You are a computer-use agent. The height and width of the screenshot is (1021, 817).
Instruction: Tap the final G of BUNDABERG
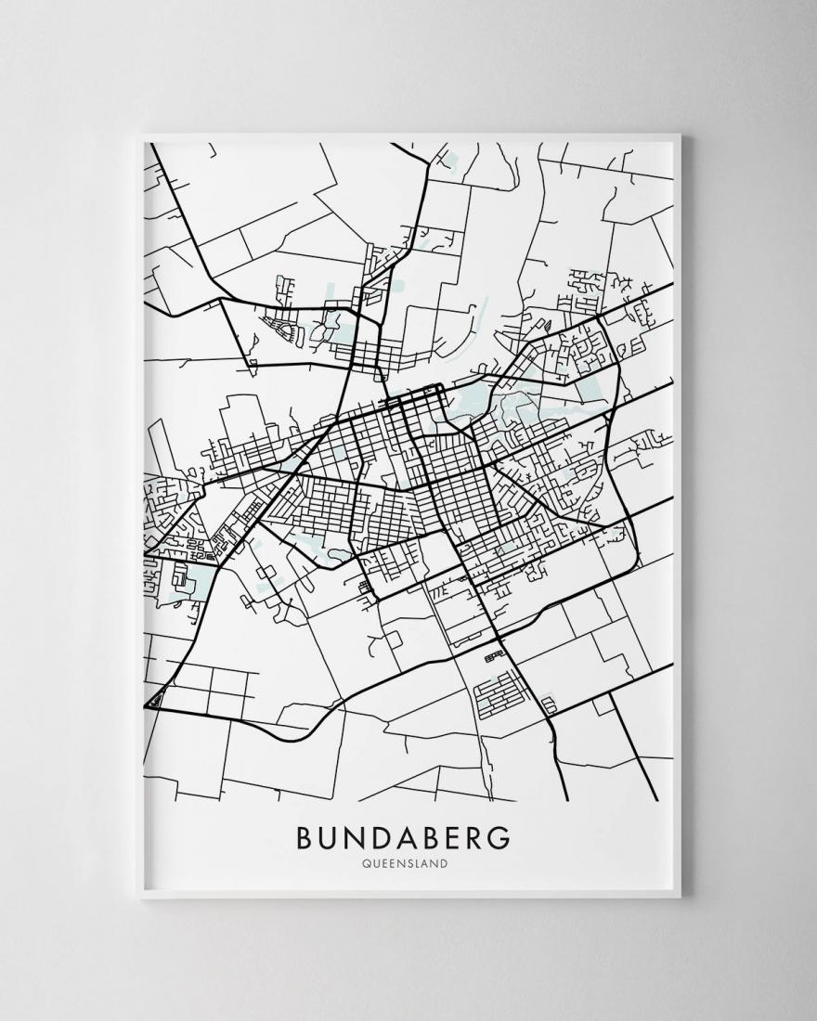click(x=503, y=836)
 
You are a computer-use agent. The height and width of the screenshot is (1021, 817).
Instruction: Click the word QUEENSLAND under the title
click(x=406, y=863)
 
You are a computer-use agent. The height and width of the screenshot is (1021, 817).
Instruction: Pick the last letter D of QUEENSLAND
click(x=445, y=863)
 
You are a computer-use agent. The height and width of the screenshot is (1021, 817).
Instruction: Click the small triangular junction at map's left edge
click(x=157, y=698)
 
